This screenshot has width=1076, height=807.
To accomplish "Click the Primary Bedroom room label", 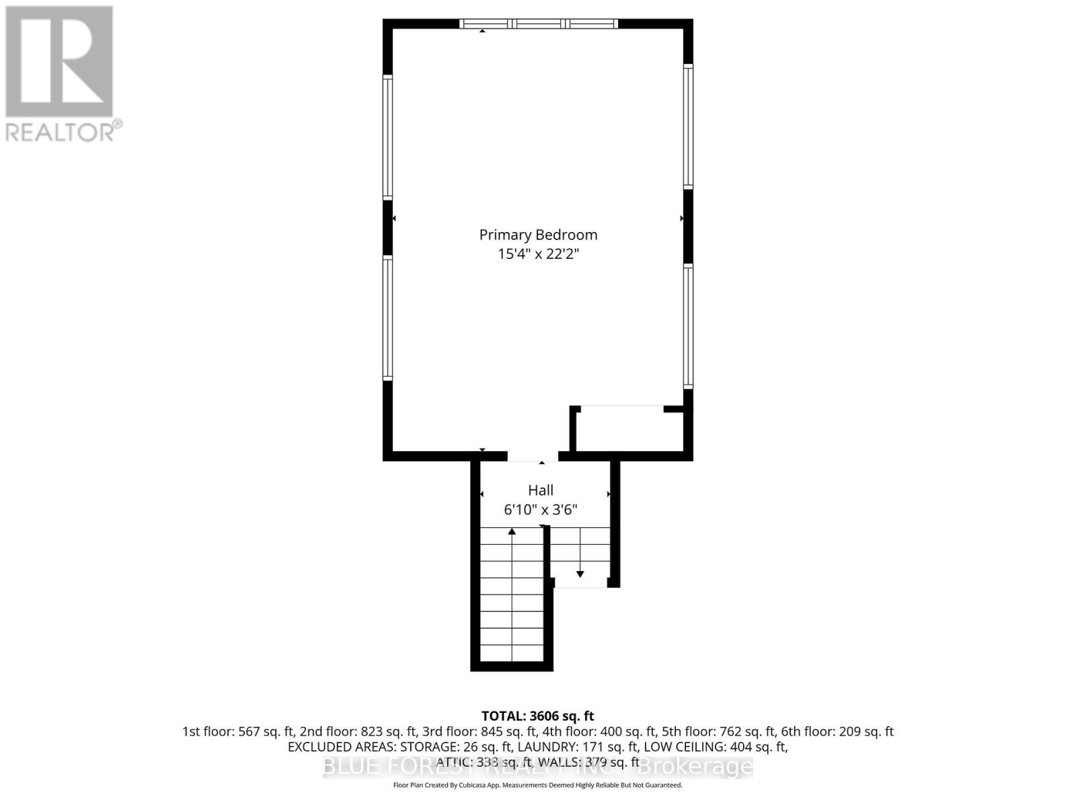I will [x=538, y=235].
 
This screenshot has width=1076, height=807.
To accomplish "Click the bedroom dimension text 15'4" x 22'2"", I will [x=538, y=254].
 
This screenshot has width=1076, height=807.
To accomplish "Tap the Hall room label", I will [x=541, y=490].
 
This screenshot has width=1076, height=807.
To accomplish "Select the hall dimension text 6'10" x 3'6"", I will [x=541, y=510].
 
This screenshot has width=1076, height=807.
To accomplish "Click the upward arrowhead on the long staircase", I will [x=512, y=532].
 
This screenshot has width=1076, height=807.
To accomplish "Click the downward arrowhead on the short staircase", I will [x=580, y=574].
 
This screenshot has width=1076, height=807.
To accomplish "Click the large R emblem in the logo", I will [x=59, y=61].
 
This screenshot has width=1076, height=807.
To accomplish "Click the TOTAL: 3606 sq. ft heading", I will [x=538, y=716].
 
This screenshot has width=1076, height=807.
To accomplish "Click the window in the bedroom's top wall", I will [x=538, y=24].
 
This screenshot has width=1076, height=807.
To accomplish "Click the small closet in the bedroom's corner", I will [x=629, y=430].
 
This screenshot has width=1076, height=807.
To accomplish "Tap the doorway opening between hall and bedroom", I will [x=533, y=457].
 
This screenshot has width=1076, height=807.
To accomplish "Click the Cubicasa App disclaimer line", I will [x=538, y=785].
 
